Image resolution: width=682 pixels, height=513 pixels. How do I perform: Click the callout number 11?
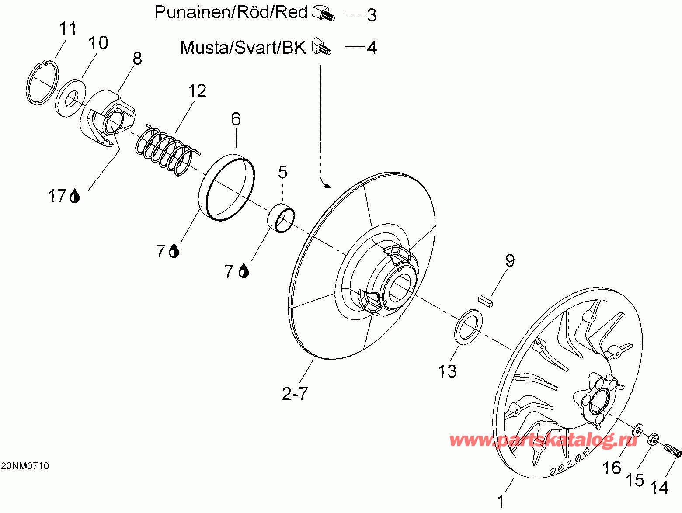[68, 28]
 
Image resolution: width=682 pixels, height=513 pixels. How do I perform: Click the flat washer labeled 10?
[71, 98]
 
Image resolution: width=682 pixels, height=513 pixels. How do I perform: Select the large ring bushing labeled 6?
[226, 187]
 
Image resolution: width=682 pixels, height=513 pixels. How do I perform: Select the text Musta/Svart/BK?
[243, 48]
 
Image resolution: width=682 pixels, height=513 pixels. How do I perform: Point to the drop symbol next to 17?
[75, 196]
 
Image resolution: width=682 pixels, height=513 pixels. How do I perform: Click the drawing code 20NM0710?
[25, 466]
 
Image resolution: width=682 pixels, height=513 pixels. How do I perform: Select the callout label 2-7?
[295, 394]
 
